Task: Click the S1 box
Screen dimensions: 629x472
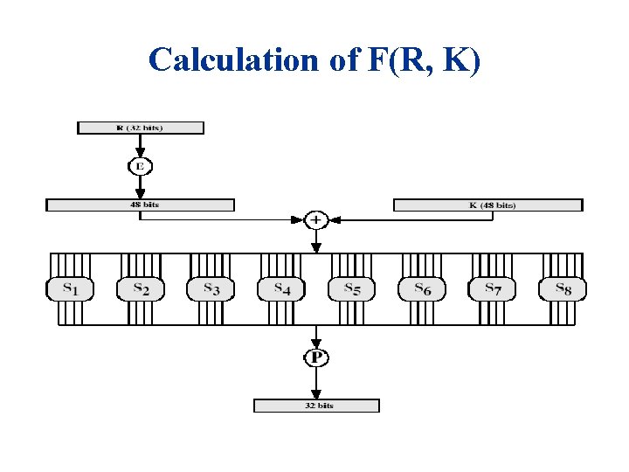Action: coord(70,289)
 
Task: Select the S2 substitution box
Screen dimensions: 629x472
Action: coord(141,289)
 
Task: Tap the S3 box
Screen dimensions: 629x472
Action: coord(211,289)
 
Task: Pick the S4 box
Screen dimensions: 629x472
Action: coord(281,289)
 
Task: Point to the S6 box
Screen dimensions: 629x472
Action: coord(422,289)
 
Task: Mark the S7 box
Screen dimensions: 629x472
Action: coord(493,289)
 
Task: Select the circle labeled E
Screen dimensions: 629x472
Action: coord(140,165)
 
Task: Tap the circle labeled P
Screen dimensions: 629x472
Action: coord(316,357)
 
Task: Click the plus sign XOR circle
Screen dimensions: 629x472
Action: coord(316,219)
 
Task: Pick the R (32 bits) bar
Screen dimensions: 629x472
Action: coord(140,128)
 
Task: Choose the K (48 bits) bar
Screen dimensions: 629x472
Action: coord(487,205)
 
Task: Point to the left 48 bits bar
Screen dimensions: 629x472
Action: coord(140,205)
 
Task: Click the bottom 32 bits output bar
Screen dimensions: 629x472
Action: coord(316,406)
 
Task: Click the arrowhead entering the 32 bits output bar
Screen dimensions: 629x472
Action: coord(316,394)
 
